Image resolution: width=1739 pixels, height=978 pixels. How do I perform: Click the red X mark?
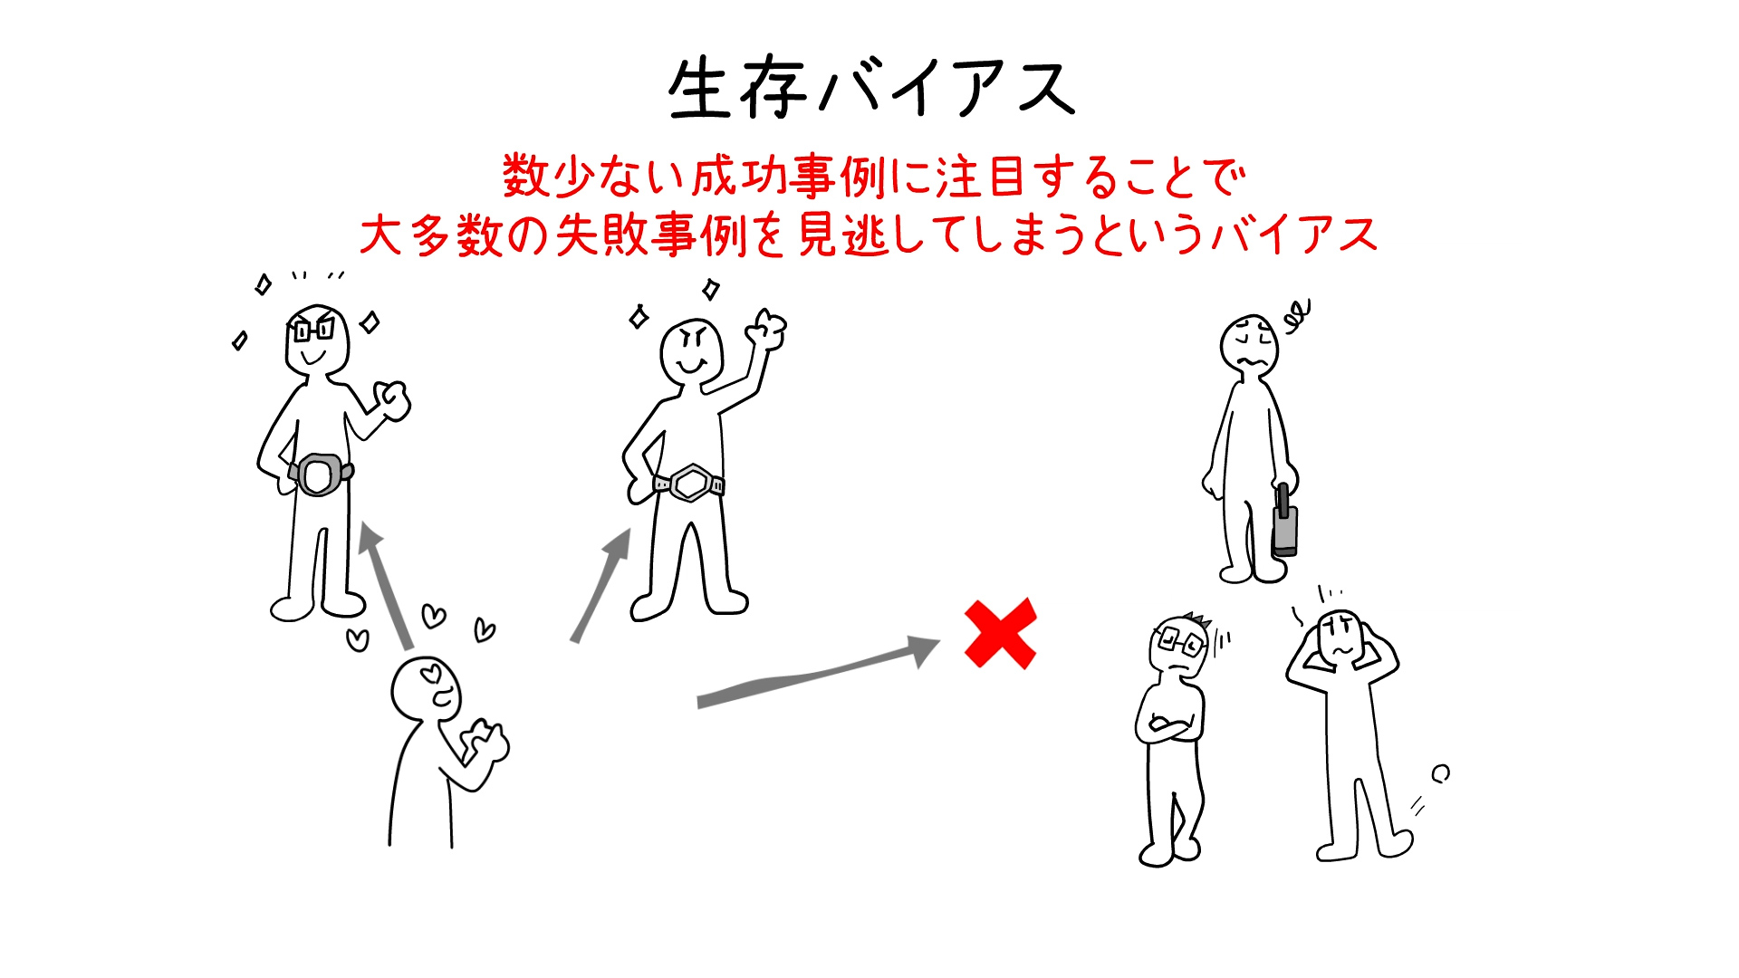click(x=1000, y=634)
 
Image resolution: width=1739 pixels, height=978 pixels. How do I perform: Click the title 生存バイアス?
click(x=870, y=89)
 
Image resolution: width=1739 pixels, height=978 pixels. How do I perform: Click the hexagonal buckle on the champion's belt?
click(x=691, y=483)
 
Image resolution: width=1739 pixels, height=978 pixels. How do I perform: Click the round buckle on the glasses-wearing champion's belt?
click(x=318, y=475)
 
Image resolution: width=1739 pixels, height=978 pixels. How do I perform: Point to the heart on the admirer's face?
click(x=433, y=673)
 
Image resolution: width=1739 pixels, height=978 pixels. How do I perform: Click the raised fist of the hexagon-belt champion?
click(x=768, y=331)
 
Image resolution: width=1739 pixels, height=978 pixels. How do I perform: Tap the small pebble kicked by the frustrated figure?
click(x=1440, y=773)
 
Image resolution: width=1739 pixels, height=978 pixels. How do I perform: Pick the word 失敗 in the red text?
click(x=601, y=235)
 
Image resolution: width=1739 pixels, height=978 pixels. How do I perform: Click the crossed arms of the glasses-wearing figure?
click(x=1168, y=724)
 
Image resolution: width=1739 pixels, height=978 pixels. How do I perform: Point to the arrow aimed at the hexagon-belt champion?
click(x=601, y=584)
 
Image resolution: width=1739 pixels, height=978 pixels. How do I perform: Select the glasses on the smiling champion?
click(x=312, y=330)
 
